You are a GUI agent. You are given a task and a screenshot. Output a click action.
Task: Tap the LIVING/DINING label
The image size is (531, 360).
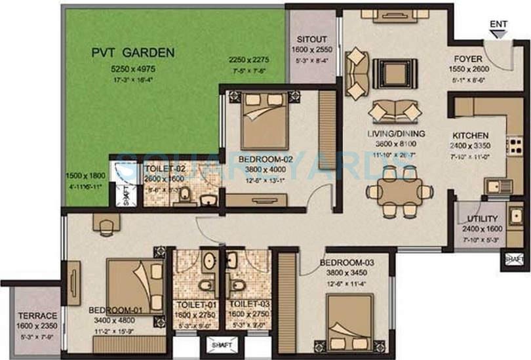pyautogui.click(x=396, y=134)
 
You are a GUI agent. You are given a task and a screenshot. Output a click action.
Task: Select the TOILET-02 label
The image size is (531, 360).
pyautogui.click(x=165, y=168)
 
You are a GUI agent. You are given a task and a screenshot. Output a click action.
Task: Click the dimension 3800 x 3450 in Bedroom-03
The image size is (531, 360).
pyautogui.click(x=347, y=274)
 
